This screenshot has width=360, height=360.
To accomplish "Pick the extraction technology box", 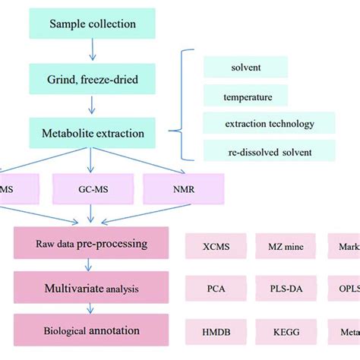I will (x=269, y=123).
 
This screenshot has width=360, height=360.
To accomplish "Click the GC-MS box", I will (x=90, y=188).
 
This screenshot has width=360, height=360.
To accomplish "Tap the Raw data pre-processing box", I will (x=90, y=245).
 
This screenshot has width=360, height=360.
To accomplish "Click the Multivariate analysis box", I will (x=90, y=288).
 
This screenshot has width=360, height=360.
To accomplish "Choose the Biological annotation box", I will (x=90, y=331).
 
